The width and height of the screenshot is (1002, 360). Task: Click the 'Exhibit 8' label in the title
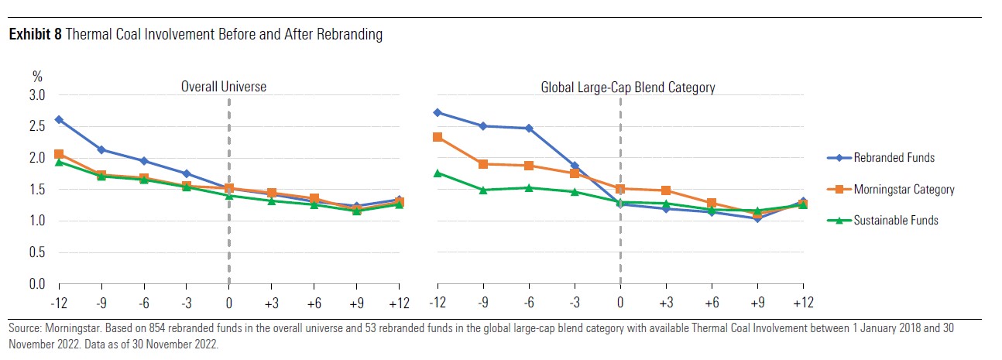(30, 35)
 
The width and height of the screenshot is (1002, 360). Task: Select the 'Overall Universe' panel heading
(224, 87)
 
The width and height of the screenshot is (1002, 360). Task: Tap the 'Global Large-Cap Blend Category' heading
(627, 87)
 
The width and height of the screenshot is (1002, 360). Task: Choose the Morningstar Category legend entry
(904, 189)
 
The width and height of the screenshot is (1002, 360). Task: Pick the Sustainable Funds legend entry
(896, 221)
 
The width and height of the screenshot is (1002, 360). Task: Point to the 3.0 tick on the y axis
(37, 95)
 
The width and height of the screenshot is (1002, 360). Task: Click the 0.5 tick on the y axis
(37, 252)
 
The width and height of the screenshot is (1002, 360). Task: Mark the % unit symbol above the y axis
(36, 77)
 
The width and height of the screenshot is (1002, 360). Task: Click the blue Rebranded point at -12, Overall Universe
(59, 119)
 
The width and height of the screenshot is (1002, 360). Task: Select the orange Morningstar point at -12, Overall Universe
(59, 155)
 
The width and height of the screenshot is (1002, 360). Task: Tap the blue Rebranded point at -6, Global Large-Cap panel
(529, 129)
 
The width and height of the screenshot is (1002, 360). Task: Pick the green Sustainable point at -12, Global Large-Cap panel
(438, 173)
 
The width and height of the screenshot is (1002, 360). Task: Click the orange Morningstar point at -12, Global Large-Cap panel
(438, 137)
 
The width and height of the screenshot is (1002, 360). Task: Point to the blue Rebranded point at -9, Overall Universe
(101, 149)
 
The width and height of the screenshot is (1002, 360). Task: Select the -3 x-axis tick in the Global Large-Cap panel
(574, 300)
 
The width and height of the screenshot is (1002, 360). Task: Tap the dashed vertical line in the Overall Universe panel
(228, 232)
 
